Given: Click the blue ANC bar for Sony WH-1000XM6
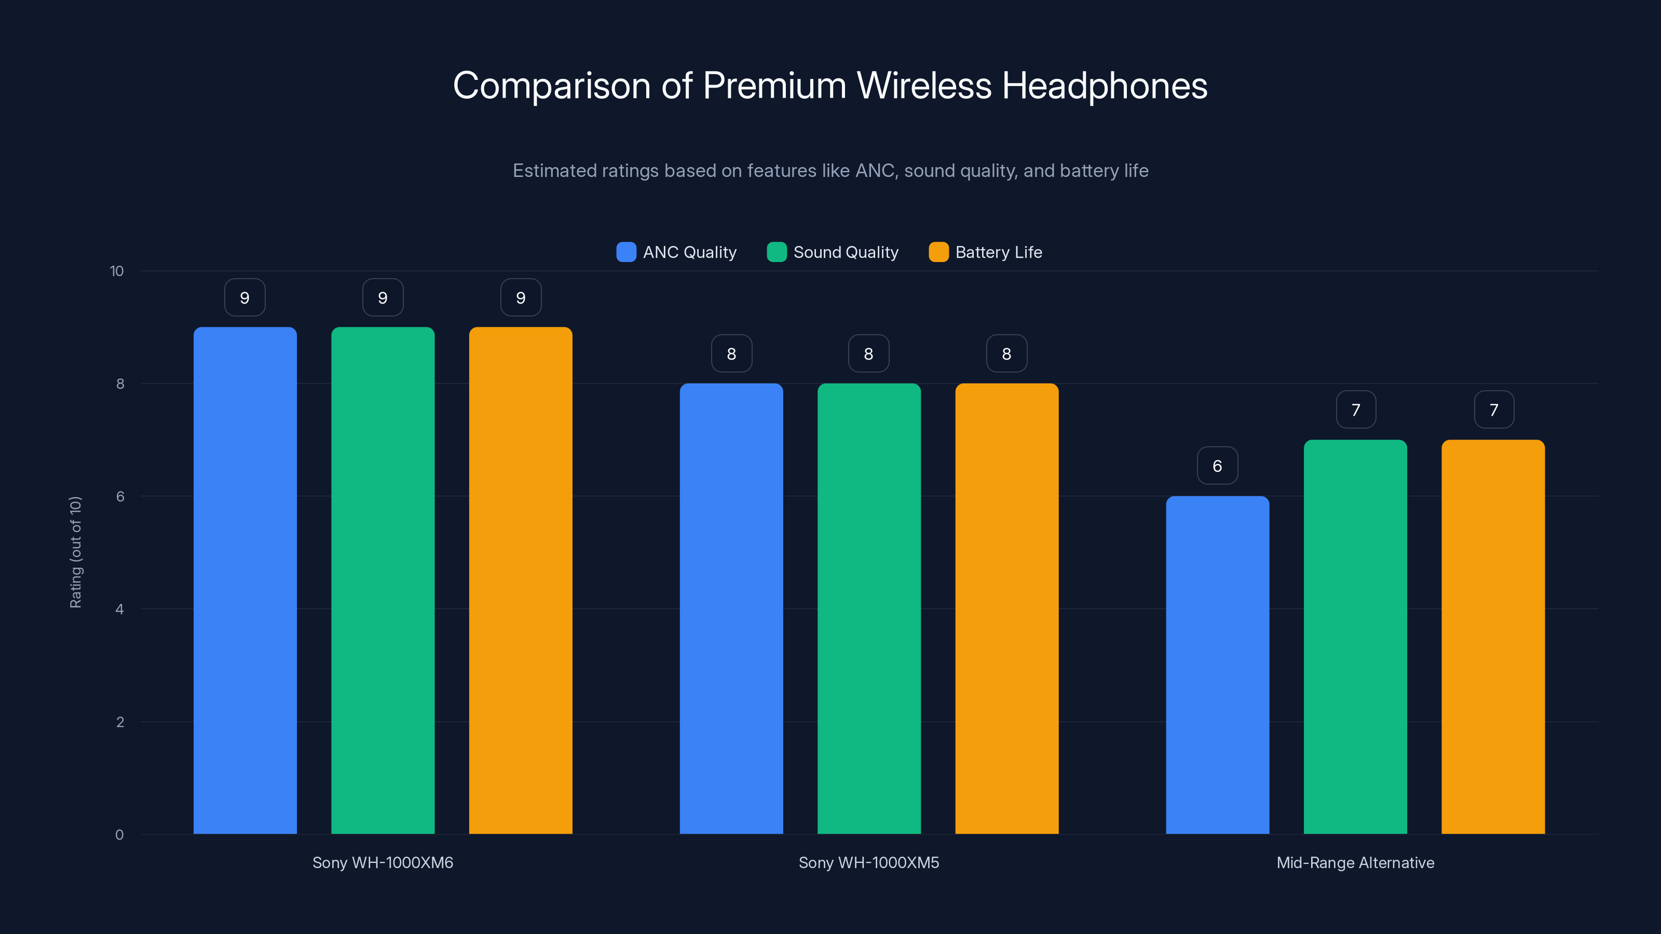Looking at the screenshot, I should pyautogui.click(x=245, y=580).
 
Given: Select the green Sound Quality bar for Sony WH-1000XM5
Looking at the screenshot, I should pyautogui.click(x=868, y=609).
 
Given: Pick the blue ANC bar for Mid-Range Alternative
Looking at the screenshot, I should pyautogui.click(x=1217, y=665).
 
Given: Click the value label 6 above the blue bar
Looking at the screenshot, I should pyautogui.click(x=1217, y=465).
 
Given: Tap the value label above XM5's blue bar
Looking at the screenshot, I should pyautogui.click(x=731, y=353).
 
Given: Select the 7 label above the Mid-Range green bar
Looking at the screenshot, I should pyautogui.click(x=1355, y=409).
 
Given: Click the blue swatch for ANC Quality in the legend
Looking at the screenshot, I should pyautogui.click(x=626, y=252).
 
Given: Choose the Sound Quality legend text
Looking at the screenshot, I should pyautogui.click(x=846, y=252).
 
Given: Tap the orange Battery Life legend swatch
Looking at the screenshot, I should pyautogui.click(x=938, y=252).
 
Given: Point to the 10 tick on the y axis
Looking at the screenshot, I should pyautogui.click(x=117, y=271).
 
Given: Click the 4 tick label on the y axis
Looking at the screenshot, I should pyautogui.click(x=119, y=609).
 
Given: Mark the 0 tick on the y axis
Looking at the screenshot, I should pyautogui.click(x=119, y=835).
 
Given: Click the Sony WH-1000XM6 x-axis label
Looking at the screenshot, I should pyautogui.click(x=383, y=862).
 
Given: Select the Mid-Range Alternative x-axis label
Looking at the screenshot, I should pyautogui.click(x=1355, y=862).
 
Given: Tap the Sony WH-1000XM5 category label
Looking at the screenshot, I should pyautogui.click(x=868, y=862).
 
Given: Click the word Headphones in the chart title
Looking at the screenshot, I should pyautogui.click(x=1104, y=86).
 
